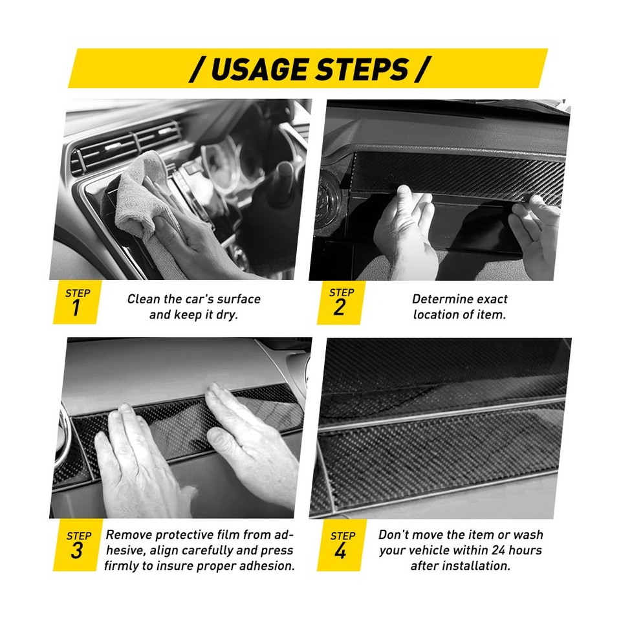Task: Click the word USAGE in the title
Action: coord(258,69)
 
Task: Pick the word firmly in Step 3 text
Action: coord(123,566)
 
